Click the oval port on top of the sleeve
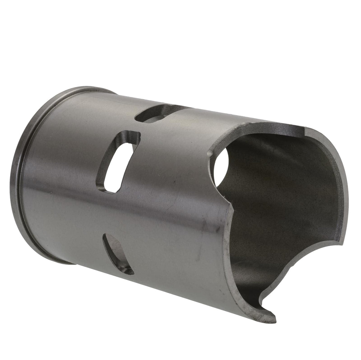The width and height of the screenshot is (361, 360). pos(156,114)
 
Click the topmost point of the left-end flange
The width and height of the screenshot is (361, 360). pos(90,88)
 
